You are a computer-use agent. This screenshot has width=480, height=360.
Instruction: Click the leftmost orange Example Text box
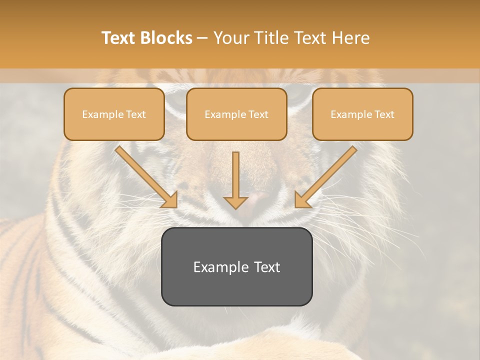pos(114,114)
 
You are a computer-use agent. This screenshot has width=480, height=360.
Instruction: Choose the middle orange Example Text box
pos(236,114)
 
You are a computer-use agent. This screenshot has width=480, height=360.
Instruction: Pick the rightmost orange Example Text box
pos(362,114)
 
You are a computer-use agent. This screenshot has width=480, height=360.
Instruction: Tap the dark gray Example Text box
pos(236,266)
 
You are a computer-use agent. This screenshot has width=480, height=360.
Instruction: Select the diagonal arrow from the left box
pos(145,176)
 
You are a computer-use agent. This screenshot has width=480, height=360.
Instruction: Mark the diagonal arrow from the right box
pos(326,176)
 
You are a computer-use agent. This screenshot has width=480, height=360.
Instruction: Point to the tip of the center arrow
pos(235,208)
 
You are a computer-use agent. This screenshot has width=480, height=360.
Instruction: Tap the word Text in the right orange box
pos(384,114)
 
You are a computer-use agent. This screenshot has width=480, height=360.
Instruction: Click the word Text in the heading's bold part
pos(120,38)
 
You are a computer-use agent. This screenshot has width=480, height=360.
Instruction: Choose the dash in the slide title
pos(202,38)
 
